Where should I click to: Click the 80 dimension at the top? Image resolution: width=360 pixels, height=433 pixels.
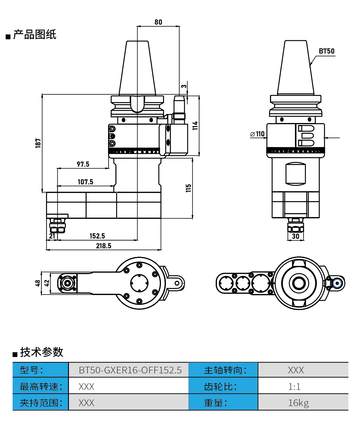point(158,22)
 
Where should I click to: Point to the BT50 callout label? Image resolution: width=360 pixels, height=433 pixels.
point(326,51)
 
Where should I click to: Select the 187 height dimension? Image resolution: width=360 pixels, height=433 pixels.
point(38,143)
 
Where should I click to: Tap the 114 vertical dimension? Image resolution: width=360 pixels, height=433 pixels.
point(195,126)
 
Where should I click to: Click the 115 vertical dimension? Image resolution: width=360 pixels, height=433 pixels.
point(189,188)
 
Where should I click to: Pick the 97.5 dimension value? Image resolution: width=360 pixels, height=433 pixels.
point(83,164)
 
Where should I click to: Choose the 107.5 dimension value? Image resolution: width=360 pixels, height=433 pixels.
point(85,182)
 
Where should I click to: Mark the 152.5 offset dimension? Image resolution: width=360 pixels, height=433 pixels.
point(97,236)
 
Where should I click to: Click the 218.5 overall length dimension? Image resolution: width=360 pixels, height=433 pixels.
point(103,246)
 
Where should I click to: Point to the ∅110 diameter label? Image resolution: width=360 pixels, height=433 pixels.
point(257,134)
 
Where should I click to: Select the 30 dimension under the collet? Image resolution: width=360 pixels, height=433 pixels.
point(295,236)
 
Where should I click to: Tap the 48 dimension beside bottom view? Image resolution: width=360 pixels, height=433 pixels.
point(38,283)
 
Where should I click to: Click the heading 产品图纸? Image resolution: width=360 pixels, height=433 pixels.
point(34,35)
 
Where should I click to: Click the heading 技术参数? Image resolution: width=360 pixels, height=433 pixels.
point(41,352)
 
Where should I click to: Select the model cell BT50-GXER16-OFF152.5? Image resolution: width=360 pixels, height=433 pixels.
point(130,370)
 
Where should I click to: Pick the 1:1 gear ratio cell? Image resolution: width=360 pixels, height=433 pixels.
point(294,387)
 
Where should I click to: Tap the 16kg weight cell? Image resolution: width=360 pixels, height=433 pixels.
point(298,403)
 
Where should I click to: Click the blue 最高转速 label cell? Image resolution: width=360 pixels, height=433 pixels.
point(41,387)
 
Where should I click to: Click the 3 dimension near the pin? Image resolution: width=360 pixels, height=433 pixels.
point(184,86)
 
